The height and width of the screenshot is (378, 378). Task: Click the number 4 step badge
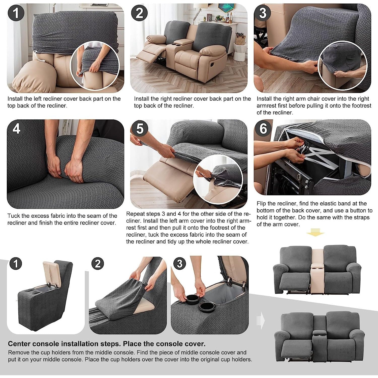pos(16,129)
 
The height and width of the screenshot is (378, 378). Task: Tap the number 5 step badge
pos(140,128)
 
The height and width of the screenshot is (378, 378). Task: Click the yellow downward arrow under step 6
pos(315,232)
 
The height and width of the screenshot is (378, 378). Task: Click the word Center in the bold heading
pos(21,344)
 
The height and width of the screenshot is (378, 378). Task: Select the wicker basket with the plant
pos(240,39)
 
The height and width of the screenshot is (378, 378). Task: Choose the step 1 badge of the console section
pos(16,264)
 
